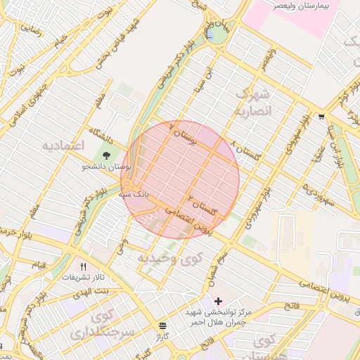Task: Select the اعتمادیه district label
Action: [63, 146]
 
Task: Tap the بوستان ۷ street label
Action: [185, 133]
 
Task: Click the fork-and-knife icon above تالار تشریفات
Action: [84, 266]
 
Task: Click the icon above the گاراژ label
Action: [162, 326]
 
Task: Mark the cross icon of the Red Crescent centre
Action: [218, 302]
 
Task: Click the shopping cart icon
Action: [321, 117]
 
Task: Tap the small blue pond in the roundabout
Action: [210, 34]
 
